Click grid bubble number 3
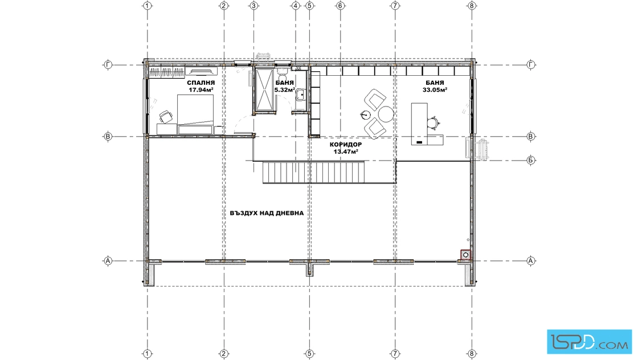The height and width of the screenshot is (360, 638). point(254,6)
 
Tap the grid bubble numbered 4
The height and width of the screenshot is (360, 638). point(296,6)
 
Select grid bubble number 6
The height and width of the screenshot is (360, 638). point(340,6)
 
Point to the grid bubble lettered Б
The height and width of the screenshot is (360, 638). point(530,160)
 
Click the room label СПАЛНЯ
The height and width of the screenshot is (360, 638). point(201,83)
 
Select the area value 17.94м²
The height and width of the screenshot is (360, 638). point(201,90)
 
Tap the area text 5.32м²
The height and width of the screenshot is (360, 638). point(284,90)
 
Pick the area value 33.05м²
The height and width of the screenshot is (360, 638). point(435,90)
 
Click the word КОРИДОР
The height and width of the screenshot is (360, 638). point(346,145)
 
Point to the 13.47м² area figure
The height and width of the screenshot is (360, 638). point(346,152)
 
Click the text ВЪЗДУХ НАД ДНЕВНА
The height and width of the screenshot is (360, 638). point(267,212)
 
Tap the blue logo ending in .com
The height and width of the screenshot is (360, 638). point(590,342)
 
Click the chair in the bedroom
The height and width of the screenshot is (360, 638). point(165,117)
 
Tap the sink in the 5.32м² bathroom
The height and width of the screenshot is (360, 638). point(301,95)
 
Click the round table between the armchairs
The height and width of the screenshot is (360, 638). point(386,114)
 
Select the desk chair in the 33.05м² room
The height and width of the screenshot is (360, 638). point(433,122)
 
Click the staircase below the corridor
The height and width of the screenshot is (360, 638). point(313,173)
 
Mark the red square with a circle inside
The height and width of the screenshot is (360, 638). point(466,255)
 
